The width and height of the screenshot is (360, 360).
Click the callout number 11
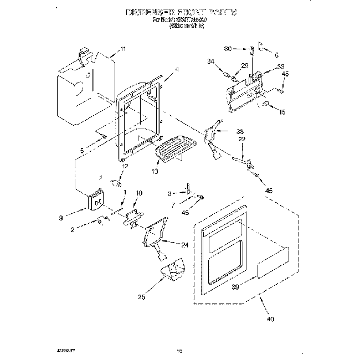pos(122,49)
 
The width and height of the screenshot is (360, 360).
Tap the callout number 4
pos(177,69)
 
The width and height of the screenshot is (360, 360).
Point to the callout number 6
pos(277,55)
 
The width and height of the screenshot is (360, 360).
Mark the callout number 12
pos(125,166)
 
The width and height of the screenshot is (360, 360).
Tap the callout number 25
pos(141,297)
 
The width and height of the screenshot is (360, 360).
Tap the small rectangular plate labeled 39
pos(271,269)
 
